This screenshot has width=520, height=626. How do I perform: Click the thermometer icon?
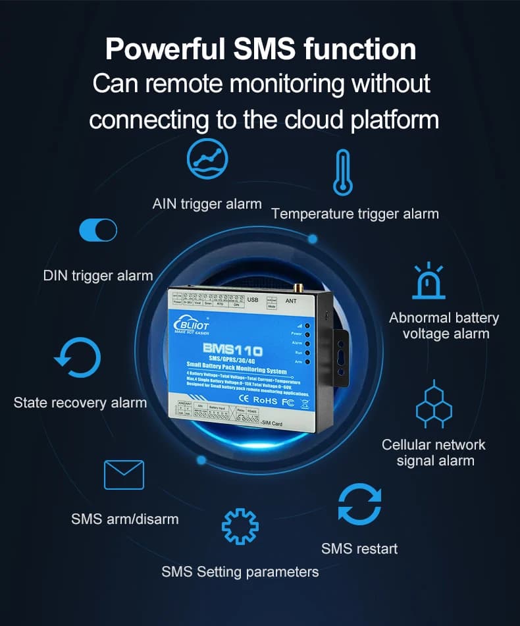pos(343,172)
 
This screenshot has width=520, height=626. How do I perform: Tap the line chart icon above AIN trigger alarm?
pos(207,159)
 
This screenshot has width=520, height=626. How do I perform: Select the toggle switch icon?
pos(98,230)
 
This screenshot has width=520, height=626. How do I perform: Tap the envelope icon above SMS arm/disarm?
pos(124,475)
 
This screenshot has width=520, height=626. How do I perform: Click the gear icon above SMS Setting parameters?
pos(240,527)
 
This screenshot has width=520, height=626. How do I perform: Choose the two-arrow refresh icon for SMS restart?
pos(359,504)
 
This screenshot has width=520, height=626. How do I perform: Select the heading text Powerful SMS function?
pos(260,49)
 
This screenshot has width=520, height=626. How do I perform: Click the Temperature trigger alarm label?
pos(355,213)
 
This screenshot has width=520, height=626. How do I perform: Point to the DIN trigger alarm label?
pos(98,275)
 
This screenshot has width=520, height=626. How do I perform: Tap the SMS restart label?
pos(359,548)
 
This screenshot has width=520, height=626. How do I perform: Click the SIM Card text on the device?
pos(271,423)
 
